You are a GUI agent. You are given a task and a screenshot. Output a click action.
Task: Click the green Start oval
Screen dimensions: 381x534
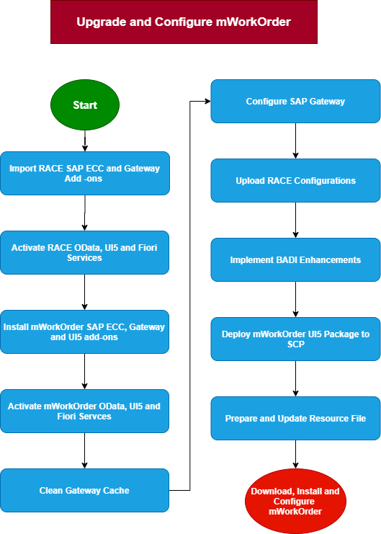tap(85, 105)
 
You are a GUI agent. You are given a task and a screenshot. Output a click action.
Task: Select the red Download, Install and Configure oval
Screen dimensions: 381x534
tap(295, 501)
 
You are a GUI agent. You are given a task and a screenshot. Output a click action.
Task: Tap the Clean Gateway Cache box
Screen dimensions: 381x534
tap(84, 491)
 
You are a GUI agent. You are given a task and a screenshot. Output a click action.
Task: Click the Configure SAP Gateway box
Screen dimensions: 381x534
tap(295, 101)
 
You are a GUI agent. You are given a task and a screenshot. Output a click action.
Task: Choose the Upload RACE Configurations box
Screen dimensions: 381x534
tap(295, 180)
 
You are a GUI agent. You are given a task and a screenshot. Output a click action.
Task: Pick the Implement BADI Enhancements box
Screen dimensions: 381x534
tap(295, 260)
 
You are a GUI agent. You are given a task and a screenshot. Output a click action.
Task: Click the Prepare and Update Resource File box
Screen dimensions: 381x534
tap(295, 418)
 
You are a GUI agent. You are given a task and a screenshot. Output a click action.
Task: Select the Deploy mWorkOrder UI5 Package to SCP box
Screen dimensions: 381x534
tap(295, 339)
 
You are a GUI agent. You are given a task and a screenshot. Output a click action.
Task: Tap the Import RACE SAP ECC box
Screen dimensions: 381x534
tap(85, 174)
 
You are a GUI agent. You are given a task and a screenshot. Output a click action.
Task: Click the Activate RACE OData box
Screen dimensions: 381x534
tap(84, 253)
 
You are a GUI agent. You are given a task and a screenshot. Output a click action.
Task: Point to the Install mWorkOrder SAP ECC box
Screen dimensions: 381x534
tap(84, 331)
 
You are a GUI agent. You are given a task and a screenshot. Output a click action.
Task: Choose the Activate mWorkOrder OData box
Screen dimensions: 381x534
tap(84, 411)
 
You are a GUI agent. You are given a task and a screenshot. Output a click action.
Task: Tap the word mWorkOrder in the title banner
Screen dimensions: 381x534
tap(254, 22)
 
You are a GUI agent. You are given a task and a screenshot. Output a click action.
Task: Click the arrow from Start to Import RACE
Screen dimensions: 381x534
tap(85, 141)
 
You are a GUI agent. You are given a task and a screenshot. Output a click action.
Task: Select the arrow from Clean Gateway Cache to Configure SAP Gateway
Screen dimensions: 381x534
tap(189, 295)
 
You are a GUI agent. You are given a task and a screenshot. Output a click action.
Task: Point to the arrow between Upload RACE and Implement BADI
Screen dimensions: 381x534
tap(295, 220)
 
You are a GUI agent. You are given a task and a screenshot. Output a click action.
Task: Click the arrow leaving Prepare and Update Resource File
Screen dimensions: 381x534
tap(295, 454)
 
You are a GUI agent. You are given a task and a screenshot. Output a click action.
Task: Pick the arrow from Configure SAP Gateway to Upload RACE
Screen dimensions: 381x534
tap(295, 141)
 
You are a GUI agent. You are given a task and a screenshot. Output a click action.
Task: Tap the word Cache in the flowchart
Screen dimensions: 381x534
tap(116, 491)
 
